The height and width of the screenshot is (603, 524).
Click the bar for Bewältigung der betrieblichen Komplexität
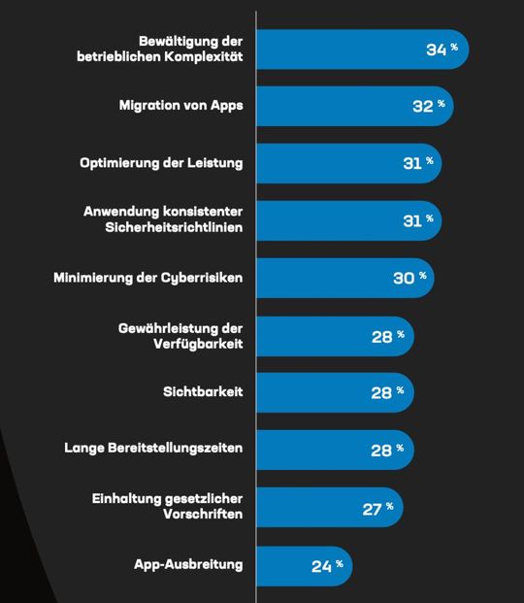pos(340,50)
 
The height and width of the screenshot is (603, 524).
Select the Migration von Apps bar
pos(330,106)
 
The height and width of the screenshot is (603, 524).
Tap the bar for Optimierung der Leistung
pos(325,163)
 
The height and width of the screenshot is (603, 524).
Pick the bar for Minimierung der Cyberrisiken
pos(320,278)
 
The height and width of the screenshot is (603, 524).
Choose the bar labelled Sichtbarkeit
pos(311,392)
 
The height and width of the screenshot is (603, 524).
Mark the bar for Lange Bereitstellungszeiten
pos(311,450)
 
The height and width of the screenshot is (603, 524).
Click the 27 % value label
pos(377,508)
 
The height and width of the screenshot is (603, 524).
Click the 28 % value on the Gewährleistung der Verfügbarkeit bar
pos(387,336)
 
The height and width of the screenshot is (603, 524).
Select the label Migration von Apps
pos(180,106)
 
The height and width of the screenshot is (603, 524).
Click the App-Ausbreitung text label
pos(188,564)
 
